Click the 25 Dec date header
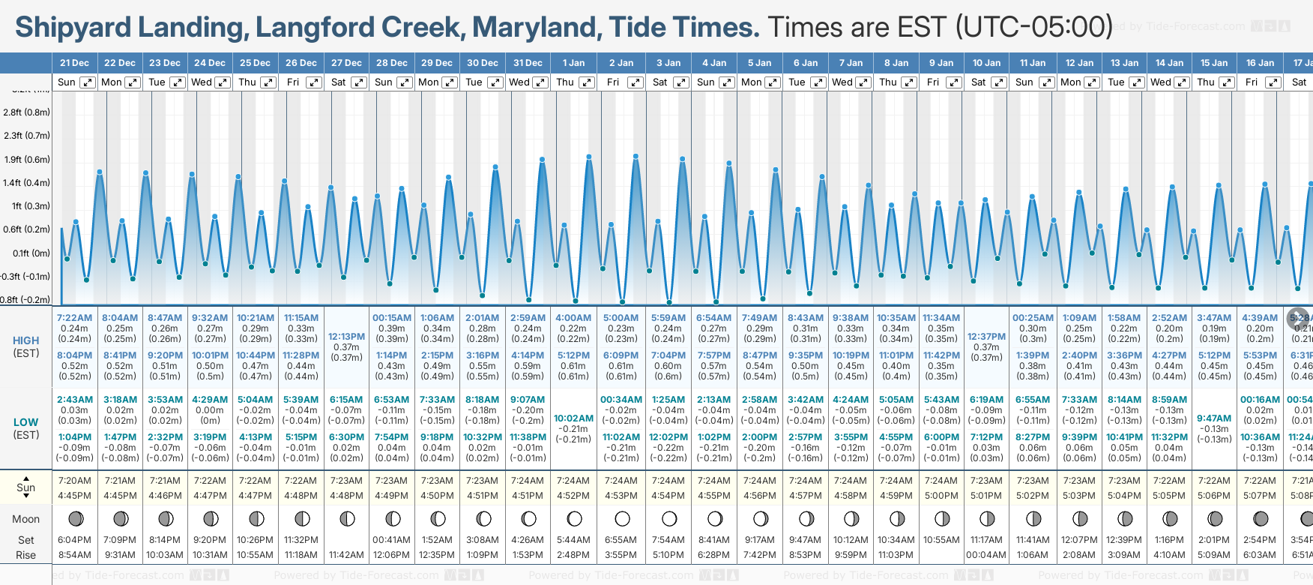click(255, 63)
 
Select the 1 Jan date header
click(574, 63)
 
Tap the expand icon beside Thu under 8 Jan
click(908, 82)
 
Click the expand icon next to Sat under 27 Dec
click(359, 82)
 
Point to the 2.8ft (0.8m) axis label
click(27, 112)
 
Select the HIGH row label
click(26, 340)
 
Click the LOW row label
click(26, 422)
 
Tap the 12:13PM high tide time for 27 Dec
click(346, 337)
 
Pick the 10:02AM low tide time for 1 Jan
click(573, 418)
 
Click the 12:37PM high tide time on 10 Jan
click(986, 337)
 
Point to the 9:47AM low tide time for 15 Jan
click(1214, 418)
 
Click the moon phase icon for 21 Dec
click(75, 518)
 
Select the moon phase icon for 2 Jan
click(622, 518)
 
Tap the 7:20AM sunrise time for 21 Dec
click(74, 481)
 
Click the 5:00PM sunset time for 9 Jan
click(941, 496)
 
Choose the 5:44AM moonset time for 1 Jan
click(573, 540)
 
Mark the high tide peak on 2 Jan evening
click(636, 157)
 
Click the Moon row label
click(26, 519)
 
